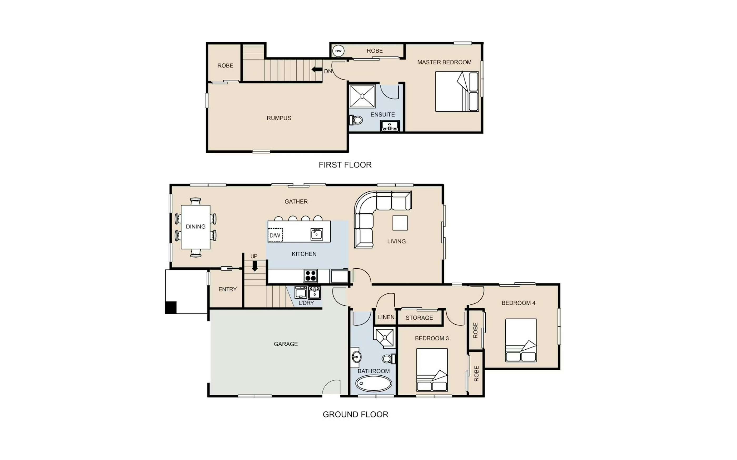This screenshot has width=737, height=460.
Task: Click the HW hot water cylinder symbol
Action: (338, 51)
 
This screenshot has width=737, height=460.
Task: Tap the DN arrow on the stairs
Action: (317, 69)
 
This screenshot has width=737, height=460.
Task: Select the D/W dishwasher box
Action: (275, 235)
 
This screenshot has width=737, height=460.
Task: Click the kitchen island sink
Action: (316, 234)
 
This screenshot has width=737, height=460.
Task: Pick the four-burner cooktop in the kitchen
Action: (311, 276)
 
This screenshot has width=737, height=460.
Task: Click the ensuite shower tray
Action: (362, 96)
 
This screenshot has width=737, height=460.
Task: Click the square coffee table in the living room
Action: (400, 223)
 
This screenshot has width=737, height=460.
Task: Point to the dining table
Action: (196, 227)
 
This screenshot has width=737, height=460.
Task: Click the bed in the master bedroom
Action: (457, 91)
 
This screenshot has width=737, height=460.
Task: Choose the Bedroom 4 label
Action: (518, 303)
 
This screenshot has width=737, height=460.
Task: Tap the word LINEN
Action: (386, 317)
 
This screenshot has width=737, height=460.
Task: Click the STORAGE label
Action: (419, 318)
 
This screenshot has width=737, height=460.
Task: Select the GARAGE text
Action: (286, 344)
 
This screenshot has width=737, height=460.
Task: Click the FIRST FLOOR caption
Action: (345, 165)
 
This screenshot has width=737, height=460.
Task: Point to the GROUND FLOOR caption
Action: (355, 414)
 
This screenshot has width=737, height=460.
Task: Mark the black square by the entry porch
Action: (171, 307)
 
